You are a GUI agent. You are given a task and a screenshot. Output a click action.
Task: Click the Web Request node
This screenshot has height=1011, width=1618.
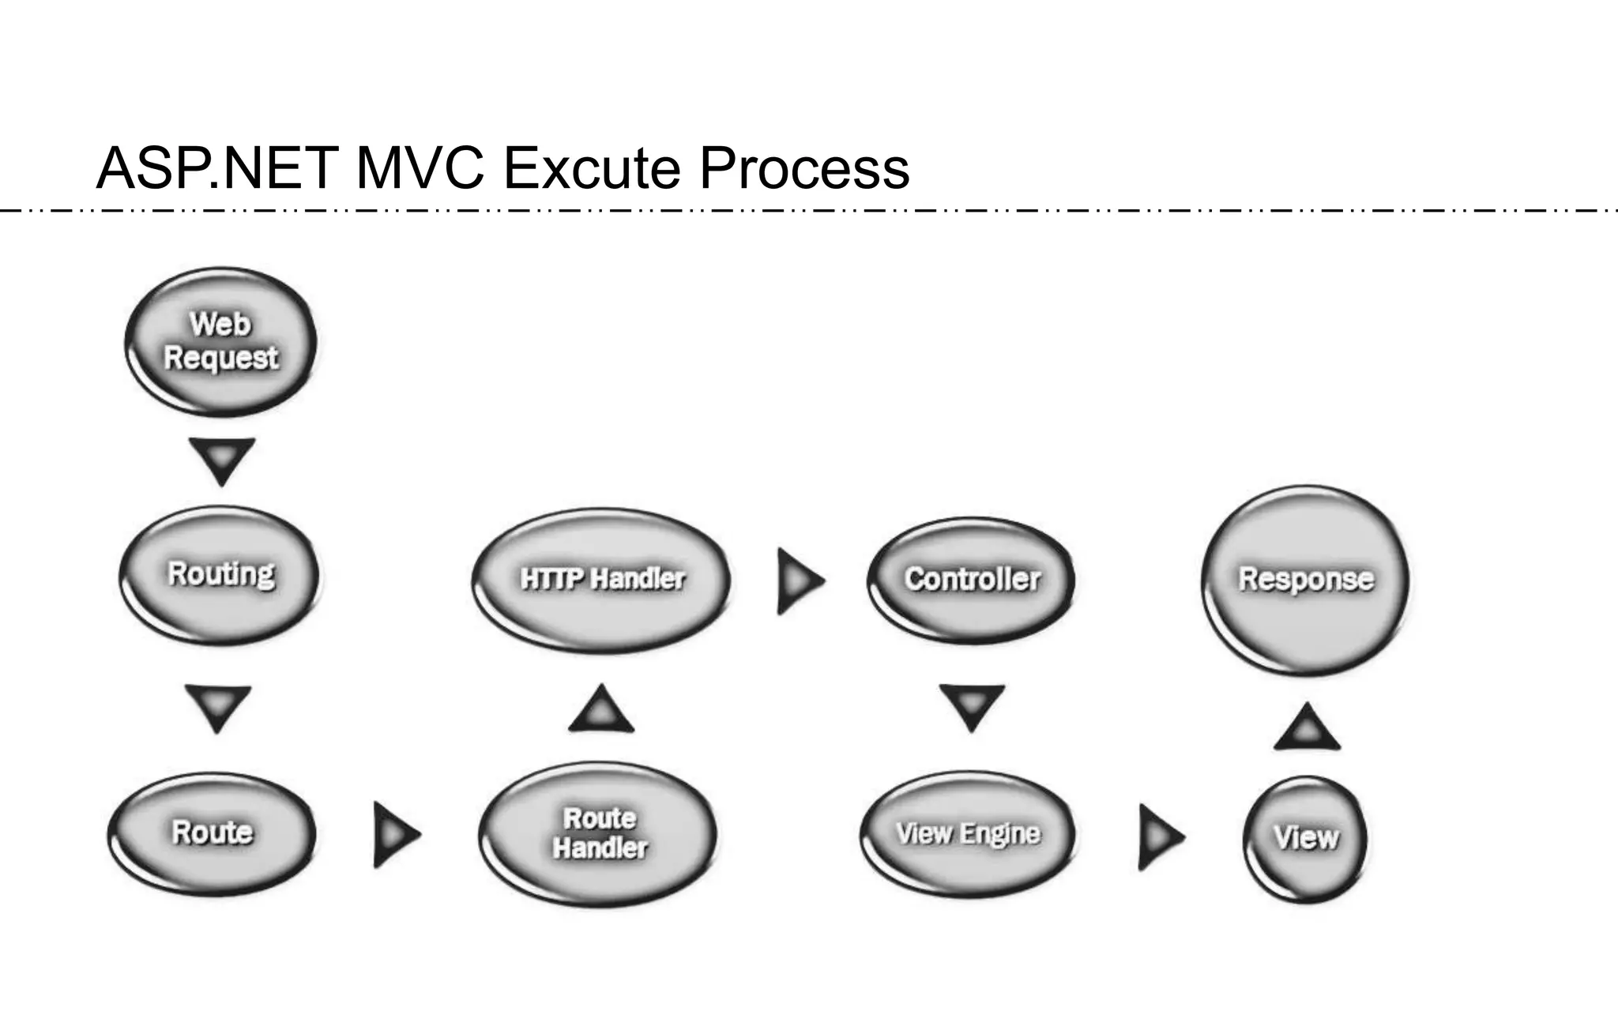coord(220,341)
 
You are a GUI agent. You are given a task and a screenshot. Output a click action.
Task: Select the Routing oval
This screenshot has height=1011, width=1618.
coord(220,575)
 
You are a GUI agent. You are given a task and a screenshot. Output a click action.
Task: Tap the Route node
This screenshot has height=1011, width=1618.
coord(212,833)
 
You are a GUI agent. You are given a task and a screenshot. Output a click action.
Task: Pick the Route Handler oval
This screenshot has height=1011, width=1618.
coord(599,833)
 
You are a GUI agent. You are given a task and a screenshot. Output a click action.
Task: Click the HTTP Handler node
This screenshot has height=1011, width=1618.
coord(601,579)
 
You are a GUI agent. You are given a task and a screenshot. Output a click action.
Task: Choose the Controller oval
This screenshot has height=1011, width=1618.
coord(971,579)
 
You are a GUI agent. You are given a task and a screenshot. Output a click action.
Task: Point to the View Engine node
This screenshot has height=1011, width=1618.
coord(968,834)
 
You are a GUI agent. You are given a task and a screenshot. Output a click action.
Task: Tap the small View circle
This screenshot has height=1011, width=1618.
coord(1305,838)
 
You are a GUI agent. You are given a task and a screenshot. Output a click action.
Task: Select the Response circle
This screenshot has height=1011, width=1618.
coord(1305,579)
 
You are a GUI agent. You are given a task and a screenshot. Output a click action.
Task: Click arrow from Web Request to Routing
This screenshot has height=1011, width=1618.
coord(222,459)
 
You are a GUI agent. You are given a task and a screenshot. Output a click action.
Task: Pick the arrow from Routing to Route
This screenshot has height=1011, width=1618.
coord(218,706)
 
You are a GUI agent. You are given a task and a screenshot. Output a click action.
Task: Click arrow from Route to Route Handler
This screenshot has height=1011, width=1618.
coord(394,834)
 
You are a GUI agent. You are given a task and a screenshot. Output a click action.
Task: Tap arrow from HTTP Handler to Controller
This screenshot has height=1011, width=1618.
coord(799,581)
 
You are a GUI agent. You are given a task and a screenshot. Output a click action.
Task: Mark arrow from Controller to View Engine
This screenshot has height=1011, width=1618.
coord(972,705)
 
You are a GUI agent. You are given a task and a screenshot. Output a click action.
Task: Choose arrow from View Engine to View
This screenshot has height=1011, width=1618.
coord(1159,836)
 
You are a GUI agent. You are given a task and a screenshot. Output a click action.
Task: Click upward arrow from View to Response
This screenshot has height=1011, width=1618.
coord(1307,728)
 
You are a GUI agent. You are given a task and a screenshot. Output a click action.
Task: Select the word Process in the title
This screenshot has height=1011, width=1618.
coord(803,167)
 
